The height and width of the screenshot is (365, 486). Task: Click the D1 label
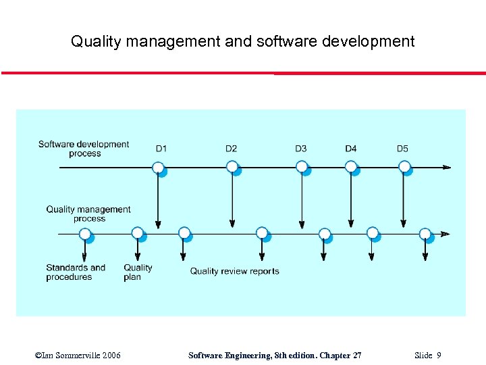point(161,149)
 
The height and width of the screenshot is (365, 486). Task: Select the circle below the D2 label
point(232,166)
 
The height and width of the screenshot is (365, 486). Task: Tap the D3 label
point(300,149)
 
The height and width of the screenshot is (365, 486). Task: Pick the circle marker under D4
point(350,166)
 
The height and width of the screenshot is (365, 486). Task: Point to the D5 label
point(402,149)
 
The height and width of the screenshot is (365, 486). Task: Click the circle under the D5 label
point(403,166)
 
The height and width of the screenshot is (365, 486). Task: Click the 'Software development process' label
point(84,149)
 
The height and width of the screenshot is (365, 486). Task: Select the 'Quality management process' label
point(88,214)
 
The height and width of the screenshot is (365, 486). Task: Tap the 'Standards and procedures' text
point(76,272)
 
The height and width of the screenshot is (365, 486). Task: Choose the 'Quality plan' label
point(138,272)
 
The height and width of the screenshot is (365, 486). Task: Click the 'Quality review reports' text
point(234,271)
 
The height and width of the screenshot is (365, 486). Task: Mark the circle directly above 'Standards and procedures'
point(84,234)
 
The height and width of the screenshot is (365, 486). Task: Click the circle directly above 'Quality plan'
point(137,233)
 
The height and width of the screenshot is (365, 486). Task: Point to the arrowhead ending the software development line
point(446,167)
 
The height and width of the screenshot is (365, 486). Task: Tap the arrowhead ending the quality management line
point(445,234)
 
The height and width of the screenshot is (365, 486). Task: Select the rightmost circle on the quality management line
point(425,234)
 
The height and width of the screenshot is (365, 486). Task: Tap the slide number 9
point(439,355)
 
